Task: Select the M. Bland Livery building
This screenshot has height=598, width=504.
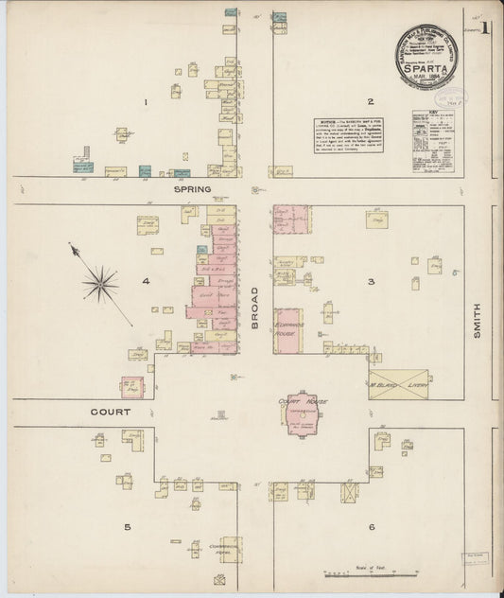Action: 398,385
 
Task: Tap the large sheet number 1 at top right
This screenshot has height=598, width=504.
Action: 483,28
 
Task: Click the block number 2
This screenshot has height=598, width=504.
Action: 371,101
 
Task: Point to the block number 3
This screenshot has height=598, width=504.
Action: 372,281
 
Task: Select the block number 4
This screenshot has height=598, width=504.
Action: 146,281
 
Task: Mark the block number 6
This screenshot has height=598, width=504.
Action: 372,526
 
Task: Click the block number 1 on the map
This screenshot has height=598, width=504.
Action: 146,101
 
